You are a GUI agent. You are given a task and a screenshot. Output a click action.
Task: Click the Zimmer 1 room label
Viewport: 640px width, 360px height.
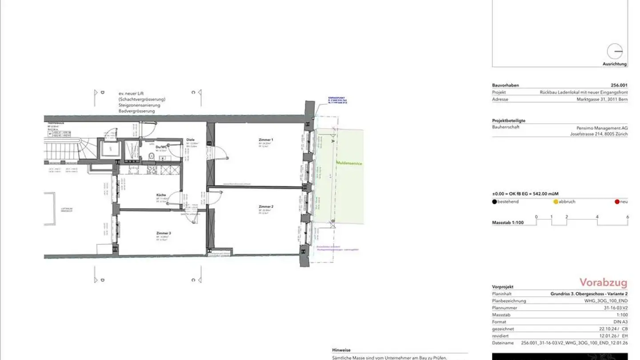tap(266, 140)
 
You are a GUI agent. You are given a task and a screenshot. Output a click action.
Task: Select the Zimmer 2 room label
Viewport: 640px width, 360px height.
tap(266, 207)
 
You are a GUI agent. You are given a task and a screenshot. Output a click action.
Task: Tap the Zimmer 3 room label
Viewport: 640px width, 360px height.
tap(164, 233)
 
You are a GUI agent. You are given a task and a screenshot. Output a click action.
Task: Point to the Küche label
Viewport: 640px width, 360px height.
tap(161, 195)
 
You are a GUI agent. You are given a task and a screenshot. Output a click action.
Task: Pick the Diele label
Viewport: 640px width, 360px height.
tap(191, 140)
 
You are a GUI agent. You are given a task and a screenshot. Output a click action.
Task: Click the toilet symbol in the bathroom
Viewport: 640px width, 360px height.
tap(152, 156)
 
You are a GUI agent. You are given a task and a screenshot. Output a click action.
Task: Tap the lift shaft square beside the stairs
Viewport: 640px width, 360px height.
tap(107, 148)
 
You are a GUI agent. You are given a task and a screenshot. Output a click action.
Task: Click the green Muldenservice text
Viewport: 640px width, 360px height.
tap(349, 164)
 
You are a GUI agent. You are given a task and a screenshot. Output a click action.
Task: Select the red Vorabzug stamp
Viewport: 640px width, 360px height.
tap(603, 283)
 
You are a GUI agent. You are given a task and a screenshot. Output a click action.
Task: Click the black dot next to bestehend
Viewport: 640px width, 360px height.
tap(495, 202)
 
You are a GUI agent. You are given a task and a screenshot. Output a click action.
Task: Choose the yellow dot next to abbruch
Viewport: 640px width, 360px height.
tap(556, 202)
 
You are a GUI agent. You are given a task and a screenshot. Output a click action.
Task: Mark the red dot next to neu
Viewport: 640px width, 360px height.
tap(617, 202)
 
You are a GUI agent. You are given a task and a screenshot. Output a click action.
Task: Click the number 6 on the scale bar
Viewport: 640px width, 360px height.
tap(627, 217)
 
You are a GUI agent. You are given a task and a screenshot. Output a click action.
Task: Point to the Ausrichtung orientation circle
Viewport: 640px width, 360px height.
tap(615, 52)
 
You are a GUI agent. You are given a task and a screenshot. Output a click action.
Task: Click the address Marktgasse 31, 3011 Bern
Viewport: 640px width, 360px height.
tap(599, 100)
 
